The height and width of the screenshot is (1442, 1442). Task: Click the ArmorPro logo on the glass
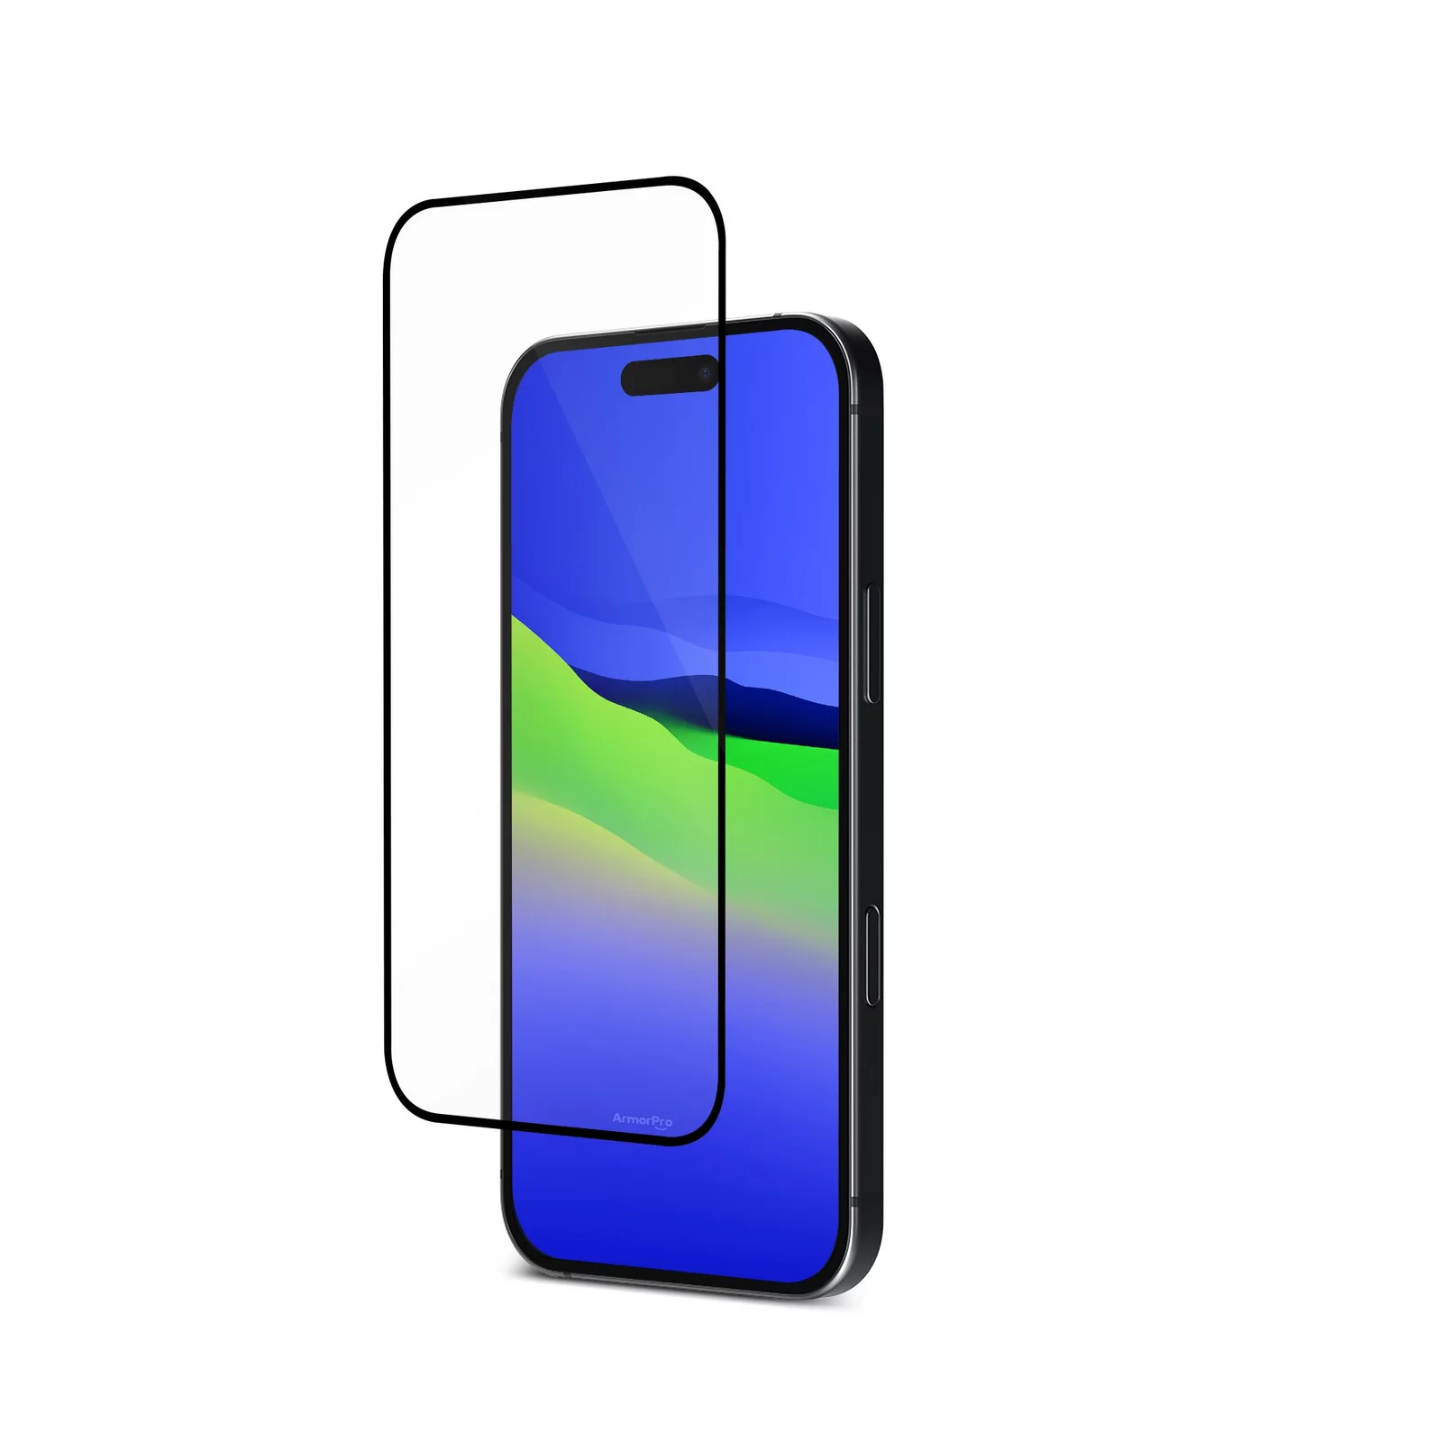click(643, 1120)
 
